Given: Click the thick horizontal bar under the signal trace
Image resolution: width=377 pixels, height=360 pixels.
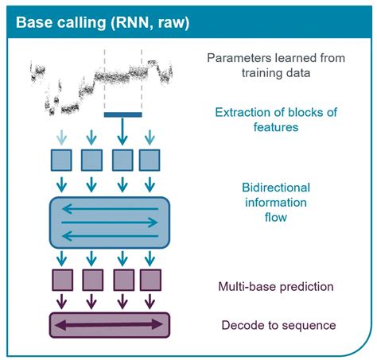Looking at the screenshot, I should (x=123, y=114).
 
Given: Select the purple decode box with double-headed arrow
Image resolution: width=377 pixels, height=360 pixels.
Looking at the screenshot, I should (x=110, y=325).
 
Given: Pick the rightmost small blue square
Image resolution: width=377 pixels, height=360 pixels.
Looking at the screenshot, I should (x=150, y=160).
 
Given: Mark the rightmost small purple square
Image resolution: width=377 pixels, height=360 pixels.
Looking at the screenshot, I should (x=150, y=281).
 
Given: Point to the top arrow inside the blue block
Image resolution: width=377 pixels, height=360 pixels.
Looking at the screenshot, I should (x=110, y=209).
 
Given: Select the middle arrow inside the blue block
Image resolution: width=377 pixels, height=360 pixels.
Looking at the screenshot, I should (x=110, y=222).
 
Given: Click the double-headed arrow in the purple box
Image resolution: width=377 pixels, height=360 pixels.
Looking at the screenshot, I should (x=110, y=325).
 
